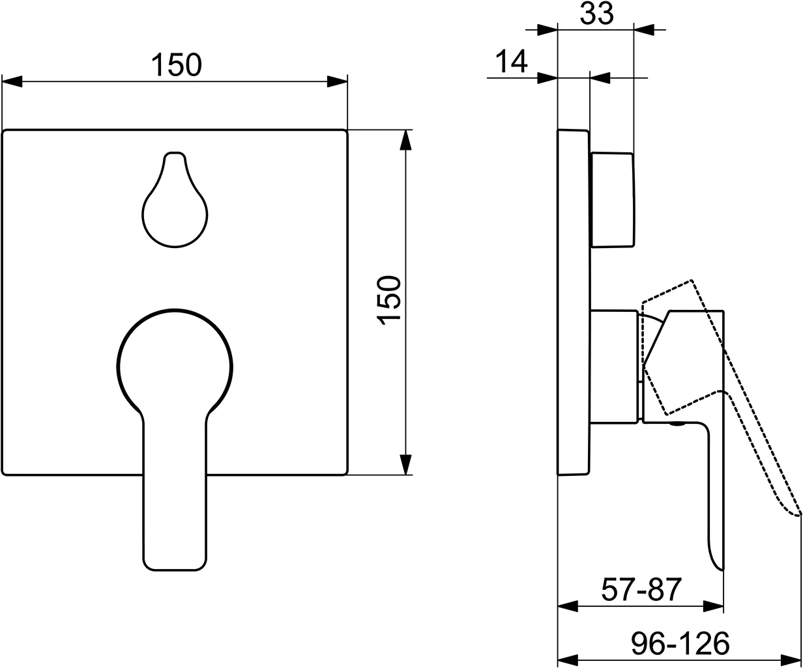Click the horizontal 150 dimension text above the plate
(177, 65)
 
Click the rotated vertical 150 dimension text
(389, 300)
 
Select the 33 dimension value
(596, 14)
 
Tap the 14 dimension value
(511, 63)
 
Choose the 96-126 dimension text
(680, 644)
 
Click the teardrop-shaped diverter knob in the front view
(175, 208)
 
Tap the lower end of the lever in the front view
(175, 553)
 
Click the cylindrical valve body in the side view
(613, 367)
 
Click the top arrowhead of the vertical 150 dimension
(406, 139)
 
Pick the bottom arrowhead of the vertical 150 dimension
(406, 465)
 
